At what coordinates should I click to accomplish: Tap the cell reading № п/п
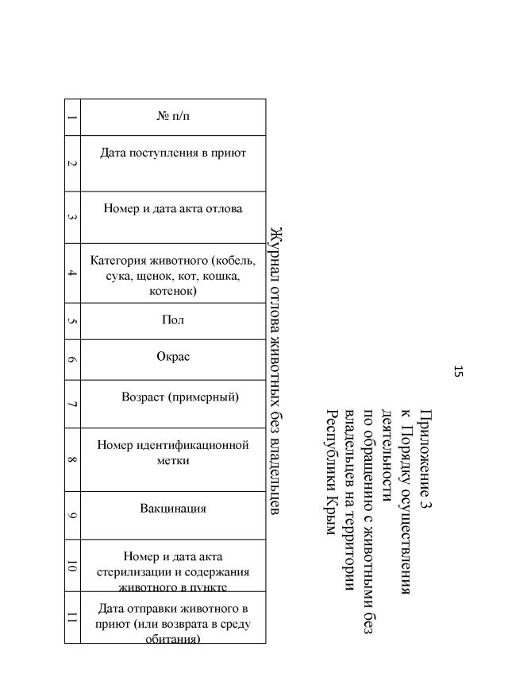173,117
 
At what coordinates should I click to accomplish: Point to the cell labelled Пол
173,320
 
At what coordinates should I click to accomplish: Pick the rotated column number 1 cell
72,118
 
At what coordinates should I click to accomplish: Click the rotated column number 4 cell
72,273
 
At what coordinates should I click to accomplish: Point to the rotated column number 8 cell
72,459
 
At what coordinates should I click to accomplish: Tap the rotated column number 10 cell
72,565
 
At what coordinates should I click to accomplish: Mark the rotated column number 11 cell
72,617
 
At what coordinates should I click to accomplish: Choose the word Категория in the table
119,261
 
